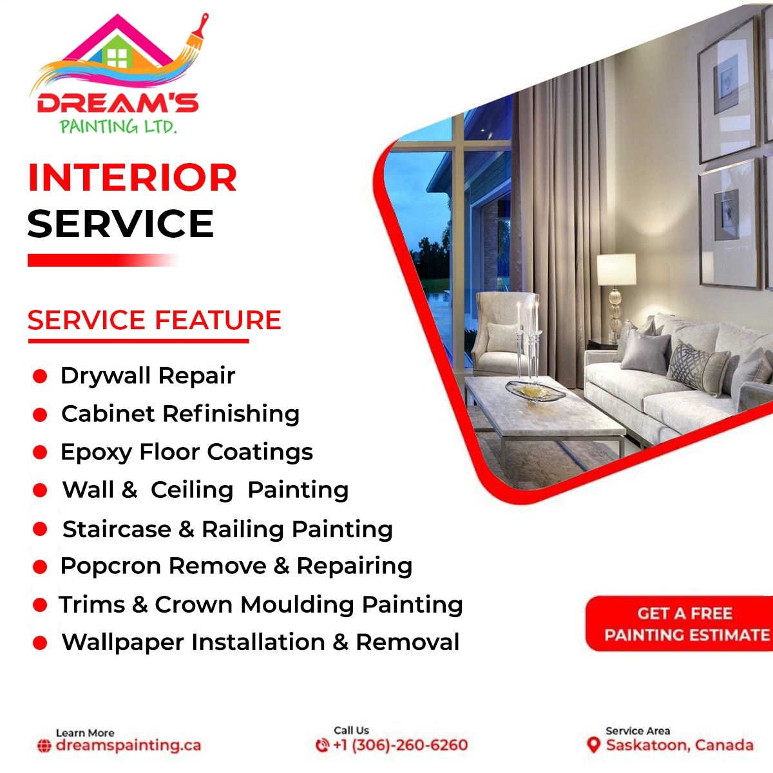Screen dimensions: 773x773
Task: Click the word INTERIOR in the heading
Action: coord(133,178)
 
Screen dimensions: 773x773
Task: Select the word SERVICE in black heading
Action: coord(120,224)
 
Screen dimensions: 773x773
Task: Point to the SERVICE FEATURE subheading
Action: coord(155,320)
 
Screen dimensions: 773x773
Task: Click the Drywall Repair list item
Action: coord(148,376)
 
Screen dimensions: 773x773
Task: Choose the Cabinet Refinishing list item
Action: coord(180,414)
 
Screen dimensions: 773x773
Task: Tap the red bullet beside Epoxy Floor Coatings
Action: coord(40,452)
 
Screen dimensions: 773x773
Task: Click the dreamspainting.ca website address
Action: coord(128,745)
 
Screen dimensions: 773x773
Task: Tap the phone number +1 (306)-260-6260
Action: coord(400,745)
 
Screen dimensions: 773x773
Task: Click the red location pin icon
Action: coord(594,745)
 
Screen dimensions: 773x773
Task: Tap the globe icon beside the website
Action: coord(44,746)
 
